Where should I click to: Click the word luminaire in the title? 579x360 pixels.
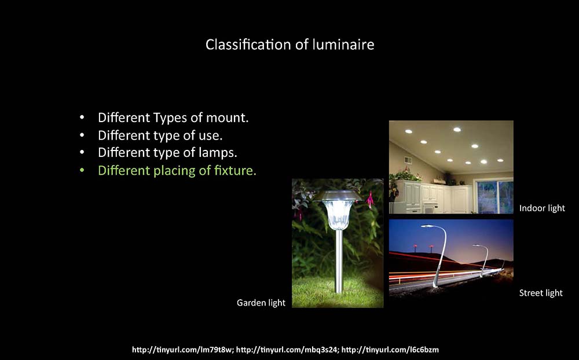(343, 45)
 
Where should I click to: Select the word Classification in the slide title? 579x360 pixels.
(248, 45)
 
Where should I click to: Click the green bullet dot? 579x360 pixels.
(82, 170)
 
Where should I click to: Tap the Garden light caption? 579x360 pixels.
(261, 303)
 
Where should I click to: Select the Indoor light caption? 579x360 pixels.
(542, 208)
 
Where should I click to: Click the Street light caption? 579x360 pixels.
(541, 293)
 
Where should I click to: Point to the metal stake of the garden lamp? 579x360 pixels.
(339, 260)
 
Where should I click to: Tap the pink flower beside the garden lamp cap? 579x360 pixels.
(370, 200)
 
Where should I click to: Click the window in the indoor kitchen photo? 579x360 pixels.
(494, 196)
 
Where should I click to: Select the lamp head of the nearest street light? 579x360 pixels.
(428, 226)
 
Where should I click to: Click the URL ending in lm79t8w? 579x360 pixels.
(183, 349)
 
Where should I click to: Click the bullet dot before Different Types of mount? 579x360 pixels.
(82, 118)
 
